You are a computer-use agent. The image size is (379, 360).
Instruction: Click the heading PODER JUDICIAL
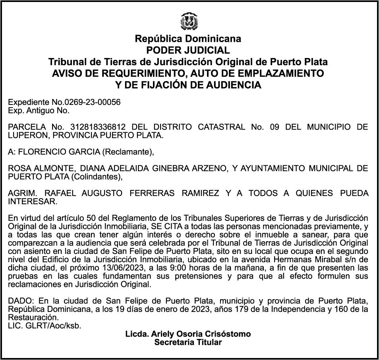click(188, 50)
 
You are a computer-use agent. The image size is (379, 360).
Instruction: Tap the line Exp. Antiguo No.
click(39, 110)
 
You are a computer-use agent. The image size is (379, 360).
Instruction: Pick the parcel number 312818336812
click(98, 127)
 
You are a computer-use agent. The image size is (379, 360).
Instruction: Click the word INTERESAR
click(32, 201)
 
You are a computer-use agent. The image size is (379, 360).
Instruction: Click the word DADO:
click(21, 301)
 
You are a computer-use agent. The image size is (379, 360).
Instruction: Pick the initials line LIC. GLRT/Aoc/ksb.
click(44, 326)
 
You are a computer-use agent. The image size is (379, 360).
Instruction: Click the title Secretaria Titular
click(188, 342)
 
